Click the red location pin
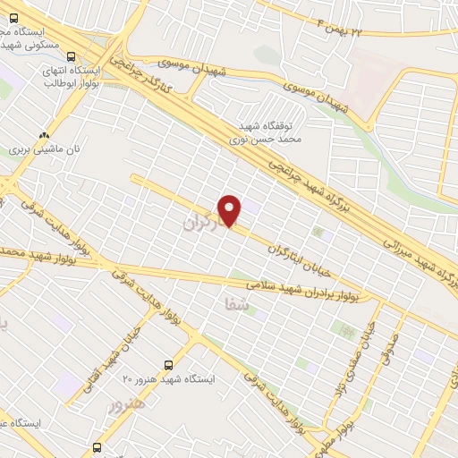pyautogui.click(x=230, y=210)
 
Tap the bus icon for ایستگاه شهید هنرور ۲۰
pyautogui.click(x=169, y=365)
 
